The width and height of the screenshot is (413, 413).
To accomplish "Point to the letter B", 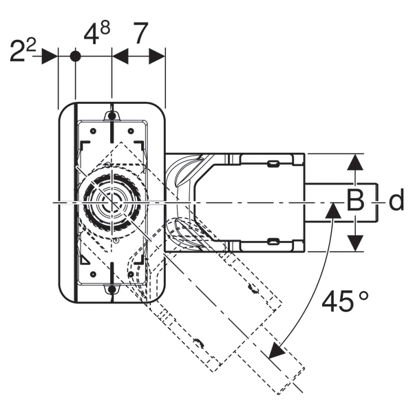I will tap(354, 202).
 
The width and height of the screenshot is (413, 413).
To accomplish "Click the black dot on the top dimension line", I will tap(76, 56).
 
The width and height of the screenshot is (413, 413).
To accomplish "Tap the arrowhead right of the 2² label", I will tap(50, 56).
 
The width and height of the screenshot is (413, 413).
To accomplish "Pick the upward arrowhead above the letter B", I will tap(354, 162).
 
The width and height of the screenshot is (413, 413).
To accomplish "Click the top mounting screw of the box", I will tap(112, 115).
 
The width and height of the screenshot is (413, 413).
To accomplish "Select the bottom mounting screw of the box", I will tap(112, 290).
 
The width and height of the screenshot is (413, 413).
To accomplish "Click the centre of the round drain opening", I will tap(110, 202).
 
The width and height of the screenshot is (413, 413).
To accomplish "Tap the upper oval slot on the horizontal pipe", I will tap(273, 163).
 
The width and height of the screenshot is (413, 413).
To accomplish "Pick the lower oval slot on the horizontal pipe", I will tap(273, 241).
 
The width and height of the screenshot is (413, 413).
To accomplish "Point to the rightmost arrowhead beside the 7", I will tap(158, 56).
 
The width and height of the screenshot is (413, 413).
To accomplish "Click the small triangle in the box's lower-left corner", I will tap(84, 260).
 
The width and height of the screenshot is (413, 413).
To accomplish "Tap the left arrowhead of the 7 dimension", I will tap(120, 56).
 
